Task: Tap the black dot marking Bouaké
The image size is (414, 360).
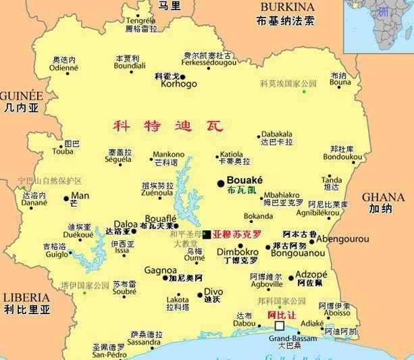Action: [221, 183]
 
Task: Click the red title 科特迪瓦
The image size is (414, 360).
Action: [167, 126]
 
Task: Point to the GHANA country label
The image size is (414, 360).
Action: [384, 197]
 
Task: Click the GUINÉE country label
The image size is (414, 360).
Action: [21, 95]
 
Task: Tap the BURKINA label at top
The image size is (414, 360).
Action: [285, 7]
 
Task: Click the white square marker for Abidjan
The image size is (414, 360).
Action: [280, 326]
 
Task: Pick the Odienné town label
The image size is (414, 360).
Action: [63, 68]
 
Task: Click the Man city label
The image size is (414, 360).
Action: [80, 196]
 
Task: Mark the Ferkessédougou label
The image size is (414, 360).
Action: [209, 62]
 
